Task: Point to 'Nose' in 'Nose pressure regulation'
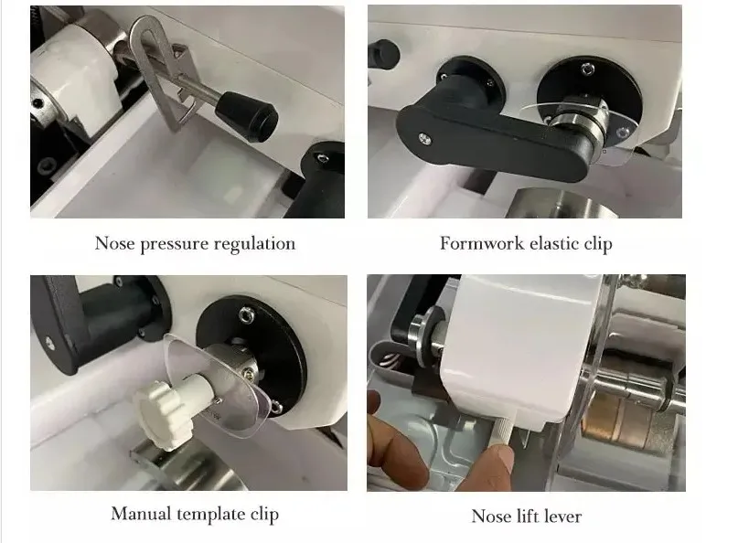(x=114, y=244)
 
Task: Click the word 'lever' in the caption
(x=561, y=516)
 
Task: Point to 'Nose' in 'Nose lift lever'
(x=490, y=516)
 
